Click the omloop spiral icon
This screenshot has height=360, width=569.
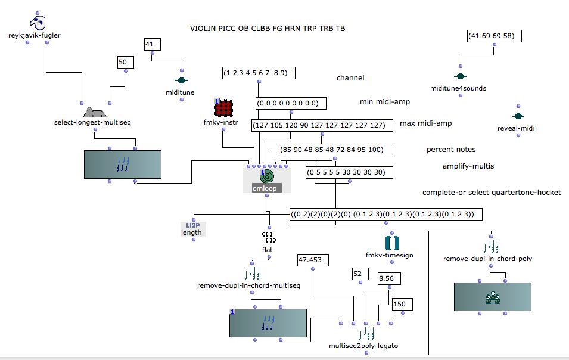click(267, 176)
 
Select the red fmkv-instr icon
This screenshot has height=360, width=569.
click(222, 108)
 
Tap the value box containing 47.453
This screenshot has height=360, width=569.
click(312, 260)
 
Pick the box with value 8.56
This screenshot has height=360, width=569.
click(389, 278)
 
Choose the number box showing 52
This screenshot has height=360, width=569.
click(357, 274)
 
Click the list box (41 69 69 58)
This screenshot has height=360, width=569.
click(495, 36)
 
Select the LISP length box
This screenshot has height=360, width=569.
click(192, 229)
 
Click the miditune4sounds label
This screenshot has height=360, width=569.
click(458, 88)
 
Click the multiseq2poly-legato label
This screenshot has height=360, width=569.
click(363, 346)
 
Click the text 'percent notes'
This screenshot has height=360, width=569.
click(451, 149)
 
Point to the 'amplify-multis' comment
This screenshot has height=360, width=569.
click(468, 166)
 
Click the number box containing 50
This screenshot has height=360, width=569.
click(126, 61)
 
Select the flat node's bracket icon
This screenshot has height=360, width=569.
click(270, 237)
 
